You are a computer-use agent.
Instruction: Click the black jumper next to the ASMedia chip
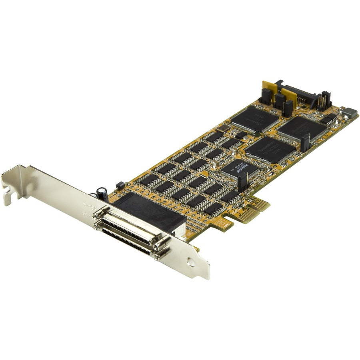[242, 182]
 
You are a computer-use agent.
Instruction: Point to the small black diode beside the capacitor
[120, 185]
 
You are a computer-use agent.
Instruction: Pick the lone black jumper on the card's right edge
[305, 143]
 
